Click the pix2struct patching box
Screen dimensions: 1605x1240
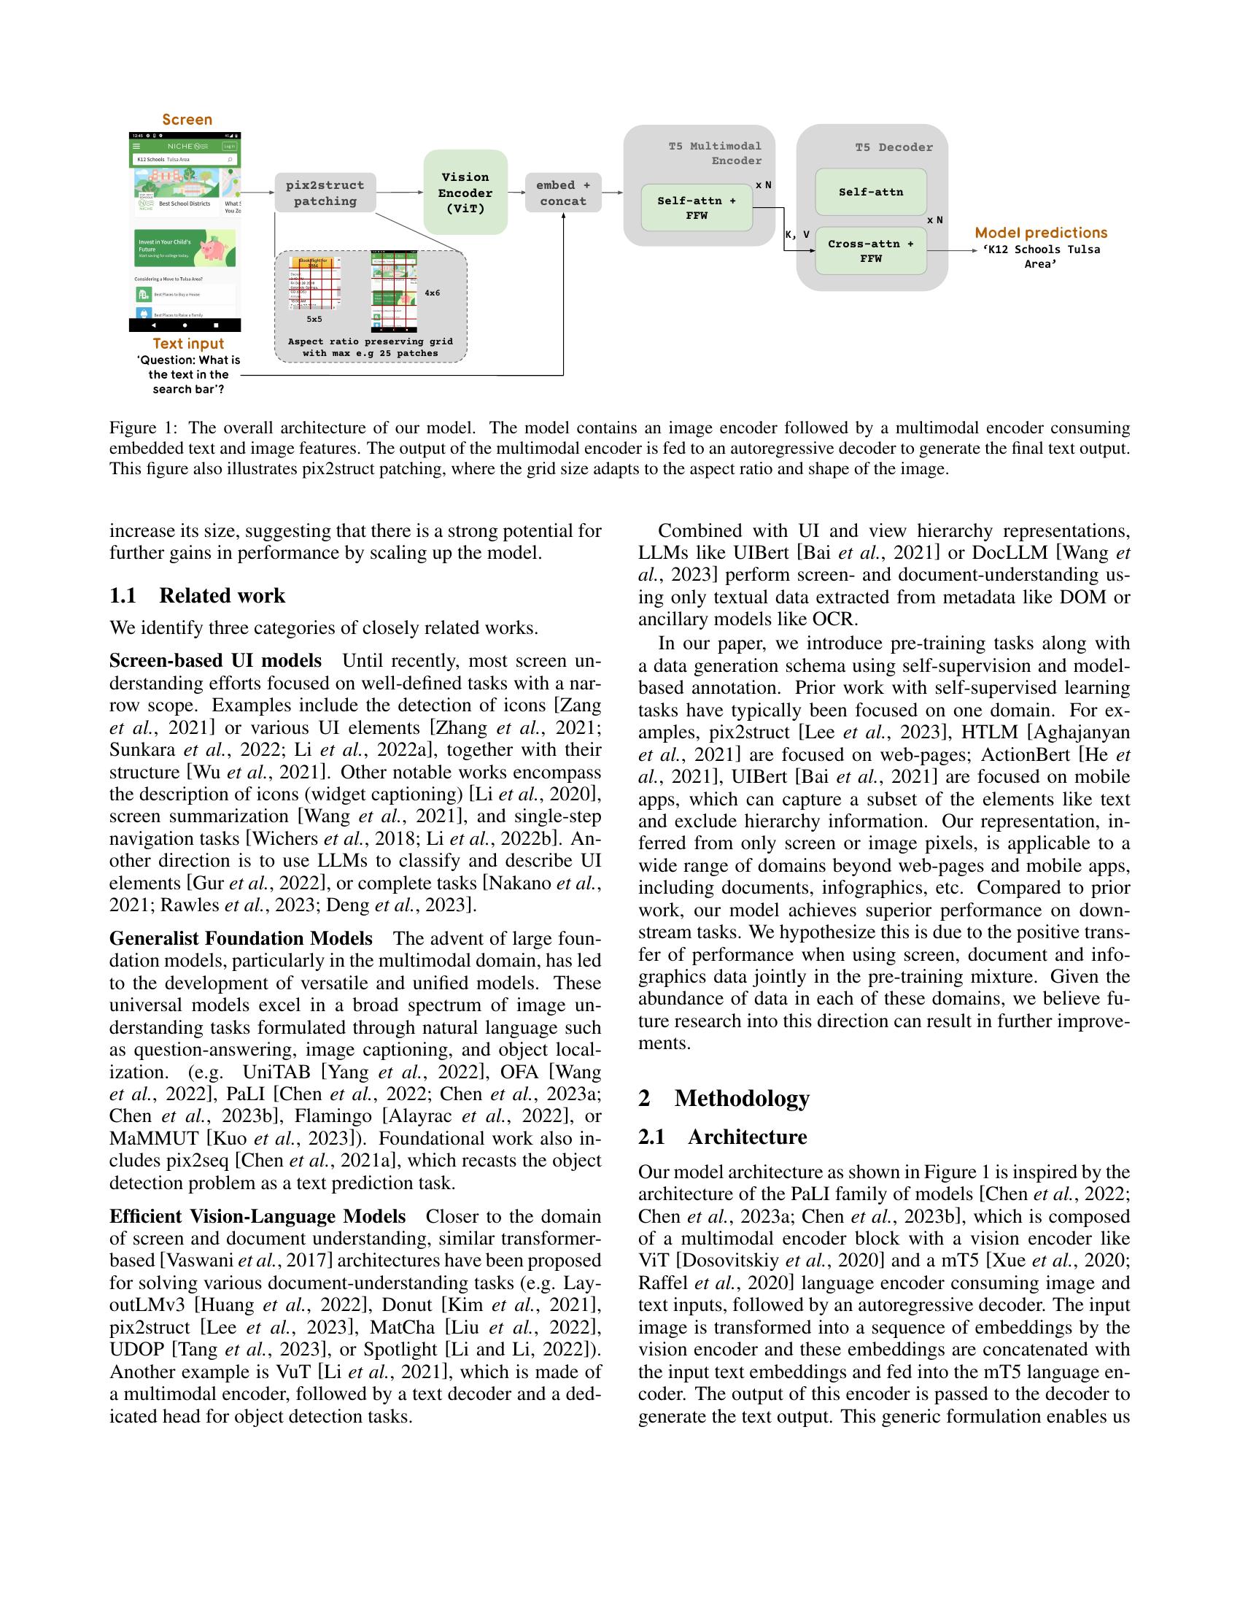pos(325,193)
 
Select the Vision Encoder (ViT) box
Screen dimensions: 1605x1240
pos(465,193)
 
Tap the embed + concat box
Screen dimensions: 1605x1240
pos(562,193)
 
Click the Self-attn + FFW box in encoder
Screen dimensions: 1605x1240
pos(696,208)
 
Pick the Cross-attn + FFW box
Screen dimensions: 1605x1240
pos(870,250)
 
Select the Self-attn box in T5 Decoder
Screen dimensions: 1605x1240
pos(870,192)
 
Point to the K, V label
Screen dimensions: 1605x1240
pos(797,235)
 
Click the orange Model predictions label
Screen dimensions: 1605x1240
pos(1040,233)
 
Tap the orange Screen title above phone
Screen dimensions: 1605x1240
pos(187,120)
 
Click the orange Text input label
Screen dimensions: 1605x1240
pos(188,343)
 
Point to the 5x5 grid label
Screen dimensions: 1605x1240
pos(314,320)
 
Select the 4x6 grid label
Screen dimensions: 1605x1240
pos(432,293)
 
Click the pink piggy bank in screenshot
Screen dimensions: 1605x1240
pos(217,249)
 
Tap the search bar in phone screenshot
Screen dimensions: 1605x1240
pos(185,160)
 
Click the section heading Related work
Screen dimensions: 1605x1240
pos(222,595)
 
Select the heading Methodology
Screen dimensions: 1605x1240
pos(741,1098)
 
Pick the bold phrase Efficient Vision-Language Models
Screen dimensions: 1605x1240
pos(257,1216)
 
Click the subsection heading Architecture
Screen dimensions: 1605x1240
pos(746,1137)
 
